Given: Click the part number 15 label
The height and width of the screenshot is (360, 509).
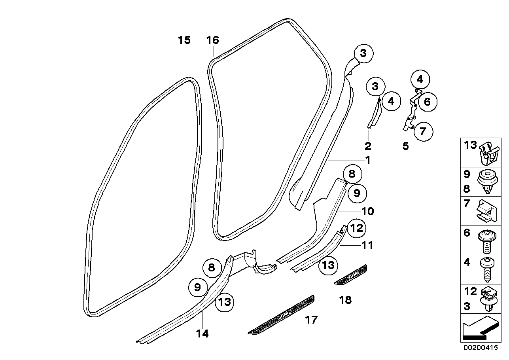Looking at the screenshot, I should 184,40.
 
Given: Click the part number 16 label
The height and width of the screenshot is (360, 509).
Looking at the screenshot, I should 212,40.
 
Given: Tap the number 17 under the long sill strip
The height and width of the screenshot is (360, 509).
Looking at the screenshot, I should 311,319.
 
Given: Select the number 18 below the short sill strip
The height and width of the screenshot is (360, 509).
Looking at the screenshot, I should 345,300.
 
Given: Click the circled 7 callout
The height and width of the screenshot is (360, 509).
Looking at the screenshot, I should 423,131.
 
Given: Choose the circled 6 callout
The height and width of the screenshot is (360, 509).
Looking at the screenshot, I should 427,102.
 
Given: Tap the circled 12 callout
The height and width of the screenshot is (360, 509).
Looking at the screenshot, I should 356,228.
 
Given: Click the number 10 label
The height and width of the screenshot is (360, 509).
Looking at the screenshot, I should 367,212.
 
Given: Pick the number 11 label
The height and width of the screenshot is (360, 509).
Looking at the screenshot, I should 367,246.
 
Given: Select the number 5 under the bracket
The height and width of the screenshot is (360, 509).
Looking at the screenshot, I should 405,146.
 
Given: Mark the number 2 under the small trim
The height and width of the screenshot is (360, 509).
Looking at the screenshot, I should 368,146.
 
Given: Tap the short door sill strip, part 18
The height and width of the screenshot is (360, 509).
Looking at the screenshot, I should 351,274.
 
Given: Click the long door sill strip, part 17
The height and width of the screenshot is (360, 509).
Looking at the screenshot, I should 282,315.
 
